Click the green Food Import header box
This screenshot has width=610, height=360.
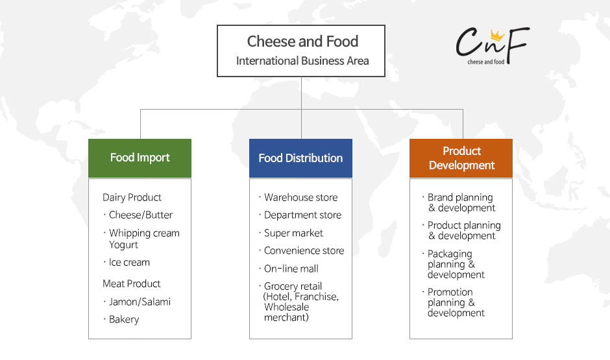point(140,158)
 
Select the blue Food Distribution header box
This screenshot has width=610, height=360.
point(300,158)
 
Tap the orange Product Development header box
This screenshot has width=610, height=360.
point(461,158)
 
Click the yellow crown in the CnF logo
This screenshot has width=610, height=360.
point(497,36)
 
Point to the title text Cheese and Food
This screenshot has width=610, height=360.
point(302,42)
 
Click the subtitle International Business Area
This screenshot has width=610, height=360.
point(302,61)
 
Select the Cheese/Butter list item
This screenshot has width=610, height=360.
point(140,215)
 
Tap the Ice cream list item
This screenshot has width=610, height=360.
point(129,263)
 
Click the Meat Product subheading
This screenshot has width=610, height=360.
point(132,284)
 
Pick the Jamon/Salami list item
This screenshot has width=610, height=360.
point(140,302)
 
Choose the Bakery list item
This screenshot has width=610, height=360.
point(124,320)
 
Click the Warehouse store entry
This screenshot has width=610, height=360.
point(300,197)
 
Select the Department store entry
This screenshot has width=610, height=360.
point(302,215)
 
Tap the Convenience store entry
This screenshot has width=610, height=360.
point(304,251)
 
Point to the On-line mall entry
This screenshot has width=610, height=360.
point(291,269)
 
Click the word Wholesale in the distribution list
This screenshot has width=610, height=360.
point(286,307)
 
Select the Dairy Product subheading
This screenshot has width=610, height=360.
point(132,197)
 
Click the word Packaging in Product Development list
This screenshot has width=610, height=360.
point(450,254)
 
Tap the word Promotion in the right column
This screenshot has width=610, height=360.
point(450,292)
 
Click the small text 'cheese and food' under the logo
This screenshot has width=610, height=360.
point(486,62)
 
